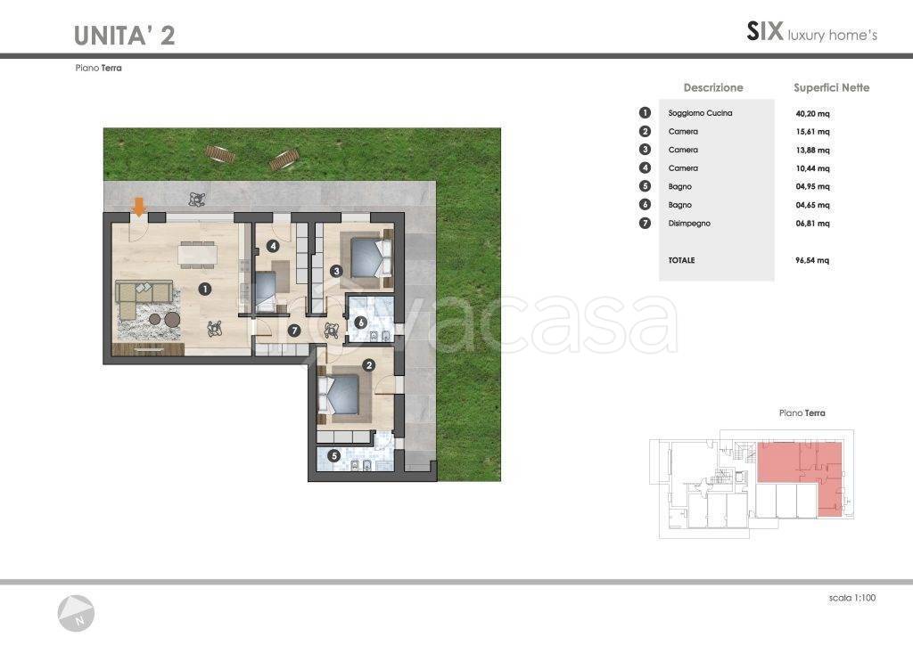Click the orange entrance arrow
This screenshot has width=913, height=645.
point(139,207)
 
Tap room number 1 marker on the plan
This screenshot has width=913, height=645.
point(204,289)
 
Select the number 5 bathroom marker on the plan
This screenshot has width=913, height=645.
point(333,456)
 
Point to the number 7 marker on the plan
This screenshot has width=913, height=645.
point(294,331)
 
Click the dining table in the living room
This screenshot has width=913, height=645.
point(199,255)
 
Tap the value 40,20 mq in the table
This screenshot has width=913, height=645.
point(812,113)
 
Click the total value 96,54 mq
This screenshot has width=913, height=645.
point(812,260)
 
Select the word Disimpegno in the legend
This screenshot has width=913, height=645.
point(689,224)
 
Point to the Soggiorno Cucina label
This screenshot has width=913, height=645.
point(701,113)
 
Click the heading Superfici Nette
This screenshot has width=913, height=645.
point(832,88)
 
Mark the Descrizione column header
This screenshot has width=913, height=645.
point(713,88)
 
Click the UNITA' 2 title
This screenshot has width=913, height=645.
point(125,36)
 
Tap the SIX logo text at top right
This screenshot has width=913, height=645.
point(765,31)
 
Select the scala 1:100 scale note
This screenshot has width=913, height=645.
point(852,598)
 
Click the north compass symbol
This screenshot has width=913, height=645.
point(76,614)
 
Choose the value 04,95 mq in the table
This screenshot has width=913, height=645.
point(812,187)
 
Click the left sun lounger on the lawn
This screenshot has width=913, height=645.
point(220,153)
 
